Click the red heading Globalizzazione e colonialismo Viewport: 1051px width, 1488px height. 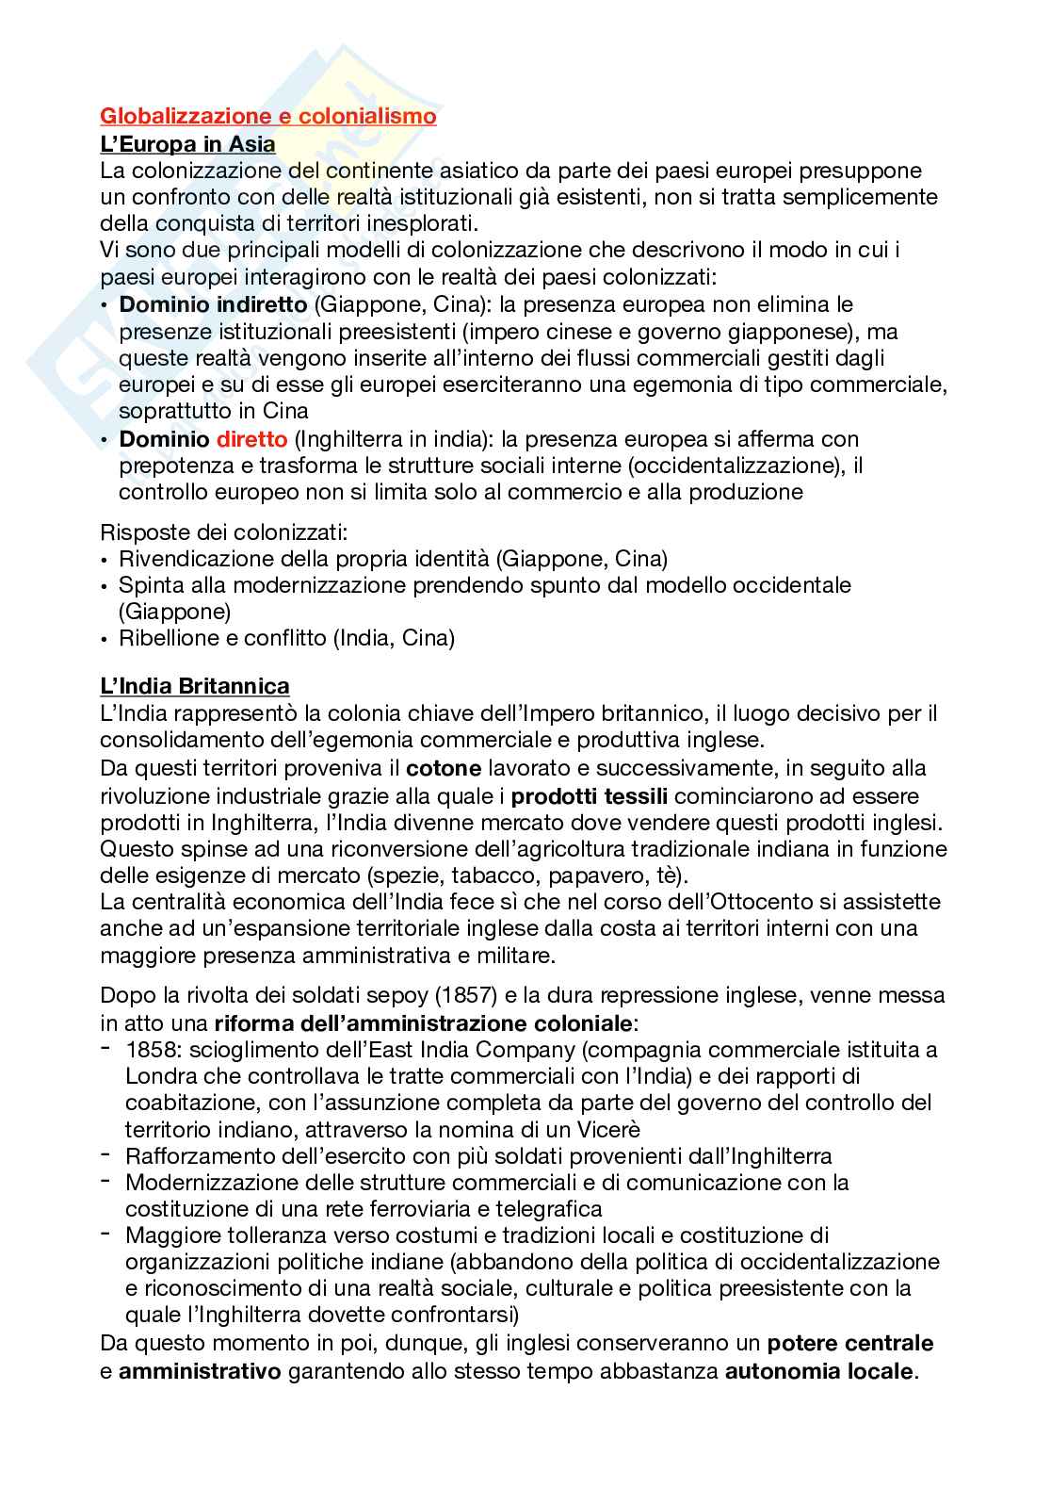[x=268, y=117]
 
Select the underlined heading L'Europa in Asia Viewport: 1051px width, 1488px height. [x=188, y=144]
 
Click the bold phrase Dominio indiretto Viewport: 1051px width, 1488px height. [x=213, y=305]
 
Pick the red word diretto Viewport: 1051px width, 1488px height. [x=251, y=439]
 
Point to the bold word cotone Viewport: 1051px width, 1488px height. [x=444, y=768]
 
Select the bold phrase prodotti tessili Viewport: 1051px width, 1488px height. [x=592, y=796]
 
